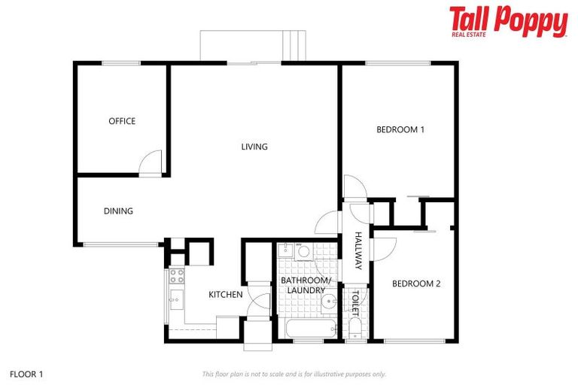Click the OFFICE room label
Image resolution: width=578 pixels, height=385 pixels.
(x=122, y=121)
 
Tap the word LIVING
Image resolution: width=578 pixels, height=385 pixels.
(x=254, y=147)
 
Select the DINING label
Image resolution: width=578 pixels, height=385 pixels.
(x=118, y=211)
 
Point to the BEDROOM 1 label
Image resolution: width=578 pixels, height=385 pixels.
(x=400, y=129)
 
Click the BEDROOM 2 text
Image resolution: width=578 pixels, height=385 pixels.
(x=416, y=283)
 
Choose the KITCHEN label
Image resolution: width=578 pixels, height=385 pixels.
(x=226, y=294)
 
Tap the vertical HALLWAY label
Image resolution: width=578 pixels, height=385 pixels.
(x=358, y=251)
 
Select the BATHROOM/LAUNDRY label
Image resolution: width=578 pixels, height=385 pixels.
(x=306, y=285)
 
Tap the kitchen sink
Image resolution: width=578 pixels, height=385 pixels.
(x=176, y=300)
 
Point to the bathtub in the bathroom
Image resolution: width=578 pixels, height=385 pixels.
(x=310, y=329)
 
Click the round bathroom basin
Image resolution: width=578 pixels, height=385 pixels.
(x=329, y=304)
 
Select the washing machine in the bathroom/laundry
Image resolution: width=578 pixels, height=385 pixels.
(x=303, y=251)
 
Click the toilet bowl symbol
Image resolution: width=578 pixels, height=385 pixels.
(x=354, y=328)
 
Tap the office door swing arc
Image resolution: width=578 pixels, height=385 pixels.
(x=151, y=161)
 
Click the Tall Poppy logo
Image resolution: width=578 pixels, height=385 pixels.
(x=508, y=21)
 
